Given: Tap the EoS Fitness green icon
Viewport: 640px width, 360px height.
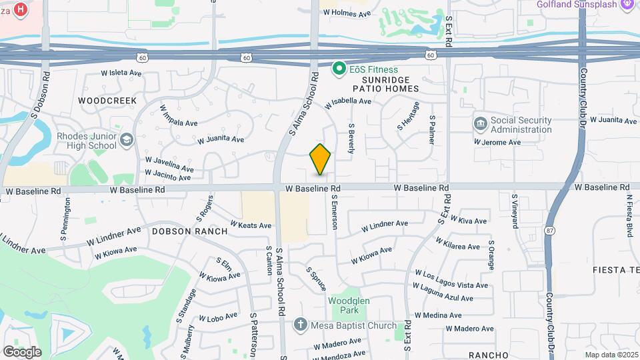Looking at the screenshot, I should pyautogui.click(x=339, y=69).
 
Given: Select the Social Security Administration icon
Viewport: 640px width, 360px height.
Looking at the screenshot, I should pyautogui.click(x=480, y=124).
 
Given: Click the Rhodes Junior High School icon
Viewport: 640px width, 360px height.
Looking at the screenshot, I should pyautogui.click(x=127, y=141).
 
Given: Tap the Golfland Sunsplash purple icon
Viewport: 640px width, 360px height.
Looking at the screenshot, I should pyautogui.click(x=627, y=5).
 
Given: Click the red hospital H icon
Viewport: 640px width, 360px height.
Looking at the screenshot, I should pyautogui.click(x=21, y=9).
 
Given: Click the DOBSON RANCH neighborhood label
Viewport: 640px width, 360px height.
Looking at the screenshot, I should pyautogui.click(x=189, y=231).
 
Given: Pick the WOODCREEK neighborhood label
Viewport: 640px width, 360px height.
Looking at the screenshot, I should pyautogui.click(x=107, y=101).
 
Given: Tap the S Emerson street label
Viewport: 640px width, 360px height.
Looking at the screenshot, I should pyautogui.click(x=335, y=212).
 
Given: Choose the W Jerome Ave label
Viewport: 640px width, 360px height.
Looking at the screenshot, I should pyautogui.click(x=497, y=142).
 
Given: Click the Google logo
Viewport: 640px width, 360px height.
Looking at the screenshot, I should pyautogui.click(x=22, y=352).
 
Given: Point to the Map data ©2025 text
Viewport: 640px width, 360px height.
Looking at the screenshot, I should pyautogui.click(x=610, y=354).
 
